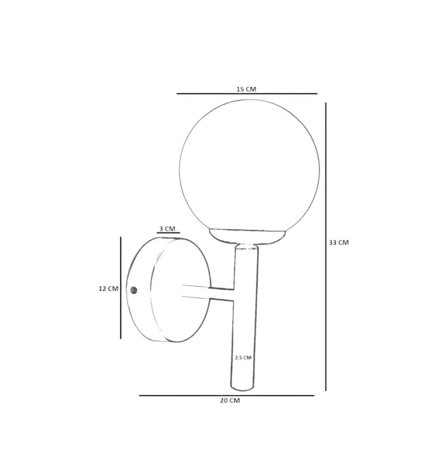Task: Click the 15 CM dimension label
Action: (x=246, y=89)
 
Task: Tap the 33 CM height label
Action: (x=338, y=243)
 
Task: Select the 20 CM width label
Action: (x=230, y=401)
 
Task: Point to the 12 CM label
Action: (x=109, y=289)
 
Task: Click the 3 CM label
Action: (x=168, y=229)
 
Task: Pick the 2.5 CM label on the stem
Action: (x=243, y=358)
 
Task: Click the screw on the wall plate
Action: (x=134, y=290)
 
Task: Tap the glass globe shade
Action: (x=250, y=165)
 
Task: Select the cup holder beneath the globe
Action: (x=247, y=236)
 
